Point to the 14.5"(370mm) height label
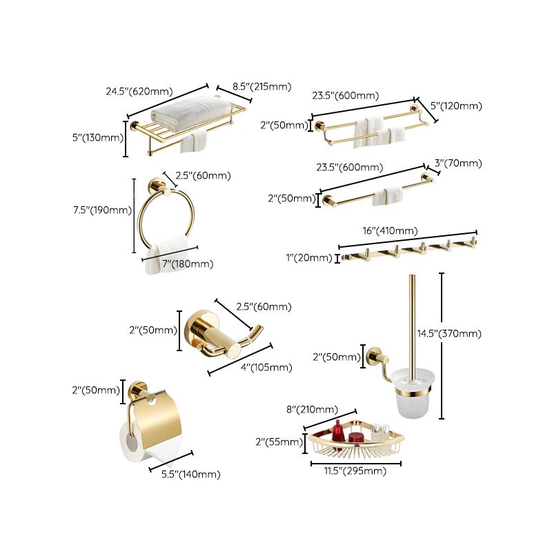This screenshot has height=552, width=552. (449, 333)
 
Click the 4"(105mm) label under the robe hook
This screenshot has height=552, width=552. (265, 367)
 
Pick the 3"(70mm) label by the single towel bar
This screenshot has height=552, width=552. (457, 164)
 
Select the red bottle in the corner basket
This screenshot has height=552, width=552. (338, 433)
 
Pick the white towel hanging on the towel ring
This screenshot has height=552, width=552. (167, 254)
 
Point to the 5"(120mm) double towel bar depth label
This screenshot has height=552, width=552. (456, 106)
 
